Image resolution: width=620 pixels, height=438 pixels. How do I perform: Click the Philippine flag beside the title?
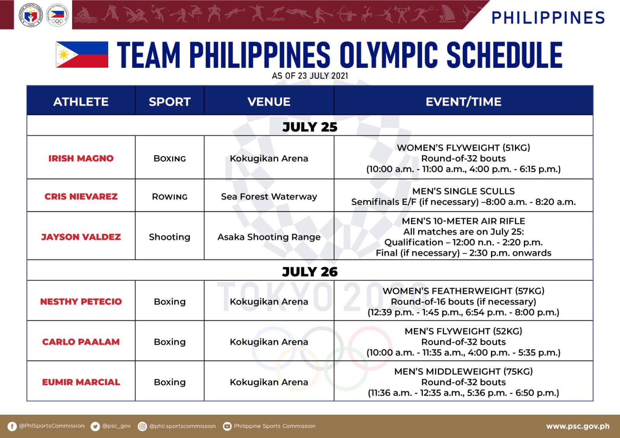tap(82, 55)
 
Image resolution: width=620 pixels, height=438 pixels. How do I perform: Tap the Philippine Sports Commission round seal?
tap(31, 15)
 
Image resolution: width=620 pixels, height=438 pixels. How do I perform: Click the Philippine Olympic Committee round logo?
tap(57, 15)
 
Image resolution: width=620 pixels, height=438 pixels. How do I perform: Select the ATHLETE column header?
tap(81, 101)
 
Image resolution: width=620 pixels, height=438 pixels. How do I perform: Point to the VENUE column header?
tap(269, 101)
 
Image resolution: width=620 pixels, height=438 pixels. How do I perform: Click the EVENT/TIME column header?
tap(463, 101)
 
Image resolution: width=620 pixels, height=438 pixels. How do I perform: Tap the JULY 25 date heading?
tap(310, 127)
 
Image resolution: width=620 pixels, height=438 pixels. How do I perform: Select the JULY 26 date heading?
tap(310, 272)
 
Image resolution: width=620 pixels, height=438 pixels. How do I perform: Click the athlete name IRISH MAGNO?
tap(81, 158)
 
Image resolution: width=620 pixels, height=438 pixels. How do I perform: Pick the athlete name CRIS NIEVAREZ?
tap(81, 196)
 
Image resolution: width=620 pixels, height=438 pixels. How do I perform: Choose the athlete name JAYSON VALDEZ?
tap(81, 237)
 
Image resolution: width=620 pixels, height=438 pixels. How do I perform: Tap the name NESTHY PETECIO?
tap(81, 301)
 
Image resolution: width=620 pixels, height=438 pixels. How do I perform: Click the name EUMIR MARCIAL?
tap(81, 382)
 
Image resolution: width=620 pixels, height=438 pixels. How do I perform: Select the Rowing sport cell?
tap(170, 196)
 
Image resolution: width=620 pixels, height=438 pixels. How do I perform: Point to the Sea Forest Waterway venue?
tap(269, 196)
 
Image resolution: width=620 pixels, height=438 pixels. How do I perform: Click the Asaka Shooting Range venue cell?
tap(269, 237)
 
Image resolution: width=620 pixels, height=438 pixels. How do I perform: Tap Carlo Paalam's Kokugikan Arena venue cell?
tap(269, 342)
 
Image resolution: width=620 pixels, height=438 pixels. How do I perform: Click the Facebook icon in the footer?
tap(12, 426)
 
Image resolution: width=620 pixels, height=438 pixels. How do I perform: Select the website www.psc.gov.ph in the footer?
tap(578, 426)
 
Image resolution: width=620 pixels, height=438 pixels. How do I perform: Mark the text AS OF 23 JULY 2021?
tap(310, 76)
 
